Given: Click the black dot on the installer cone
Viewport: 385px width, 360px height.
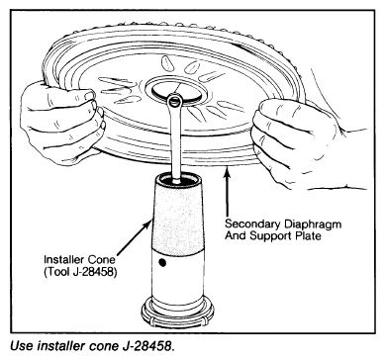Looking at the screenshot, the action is pyautogui.click(x=161, y=262).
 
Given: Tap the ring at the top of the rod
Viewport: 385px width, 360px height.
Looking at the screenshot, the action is pyautogui.click(x=174, y=100).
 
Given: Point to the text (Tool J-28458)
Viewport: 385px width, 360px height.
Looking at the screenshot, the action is pyautogui.click(x=80, y=273).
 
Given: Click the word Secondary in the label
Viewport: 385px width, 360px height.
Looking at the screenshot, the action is pyautogui.click(x=251, y=225).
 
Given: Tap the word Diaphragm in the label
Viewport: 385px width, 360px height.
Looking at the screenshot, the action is pyautogui.click(x=311, y=225).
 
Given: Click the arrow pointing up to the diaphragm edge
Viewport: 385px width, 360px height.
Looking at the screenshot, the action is pyautogui.click(x=227, y=192).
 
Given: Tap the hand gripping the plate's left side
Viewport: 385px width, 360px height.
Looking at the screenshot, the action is pyautogui.click(x=62, y=122).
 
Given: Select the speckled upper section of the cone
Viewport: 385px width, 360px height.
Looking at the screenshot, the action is pyautogui.click(x=177, y=220).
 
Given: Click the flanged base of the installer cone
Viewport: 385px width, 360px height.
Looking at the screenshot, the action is pyautogui.click(x=177, y=311).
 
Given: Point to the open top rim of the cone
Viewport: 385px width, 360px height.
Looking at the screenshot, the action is pyautogui.click(x=178, y=178).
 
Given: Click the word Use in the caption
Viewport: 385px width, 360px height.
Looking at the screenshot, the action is pyautogui.click(x=23, y=346).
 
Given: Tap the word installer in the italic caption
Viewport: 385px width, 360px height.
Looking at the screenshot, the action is pyautogui.click(x=59, y=346).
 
